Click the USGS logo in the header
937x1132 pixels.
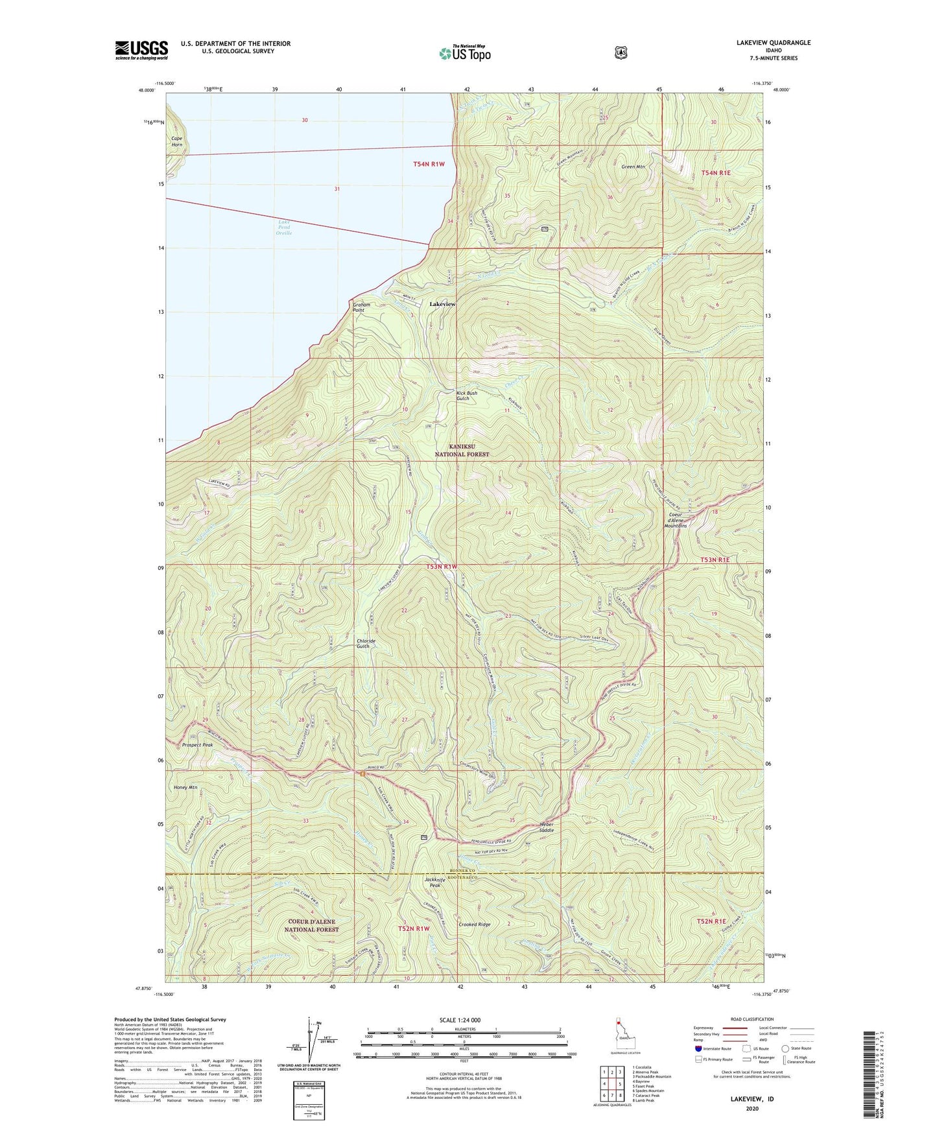tap(141, 50)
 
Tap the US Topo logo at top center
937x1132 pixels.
tap(464, 53)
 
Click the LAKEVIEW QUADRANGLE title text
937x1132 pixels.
tap(773, 43)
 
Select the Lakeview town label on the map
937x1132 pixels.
tap(442, 304)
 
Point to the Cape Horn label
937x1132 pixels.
tap(176, 141)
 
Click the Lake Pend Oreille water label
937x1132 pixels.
tap(283, 228)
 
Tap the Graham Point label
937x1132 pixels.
tap(361, 307)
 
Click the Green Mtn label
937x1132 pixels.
tap(633, 167)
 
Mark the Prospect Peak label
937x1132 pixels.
tap(198, 745)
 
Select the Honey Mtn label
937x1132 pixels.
tap(185, 787)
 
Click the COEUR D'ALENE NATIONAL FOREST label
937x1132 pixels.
tap(311, 925)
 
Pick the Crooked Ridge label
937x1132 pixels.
tap(475, 925)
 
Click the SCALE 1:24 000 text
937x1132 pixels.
tap(460, 1020)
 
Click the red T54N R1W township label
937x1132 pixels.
tap(429, 164)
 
